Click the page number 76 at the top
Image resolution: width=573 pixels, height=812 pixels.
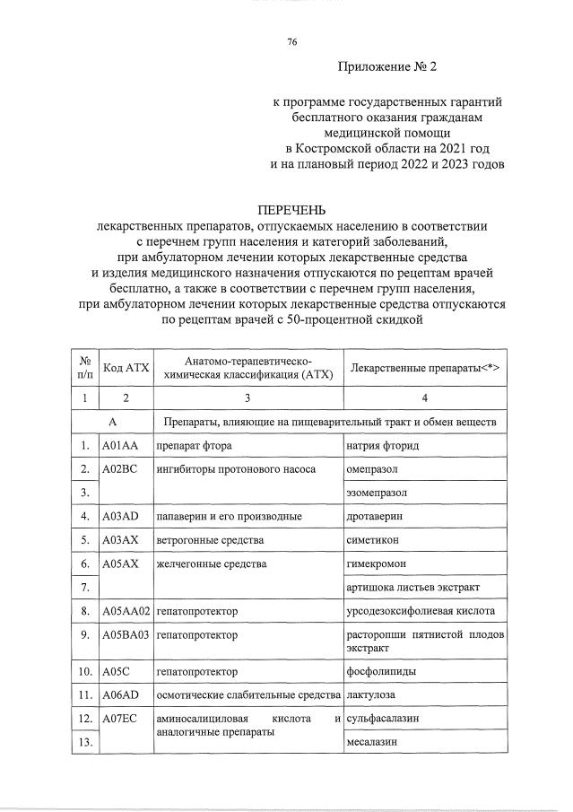[x=292, y=42]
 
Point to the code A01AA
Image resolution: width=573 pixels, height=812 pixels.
[x=119, y=446]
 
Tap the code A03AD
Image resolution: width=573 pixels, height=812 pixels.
[x=120, y=517]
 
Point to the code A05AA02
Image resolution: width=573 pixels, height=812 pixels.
[x=126, y=611]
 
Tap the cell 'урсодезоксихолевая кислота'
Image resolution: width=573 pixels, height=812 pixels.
[x=420, y=611]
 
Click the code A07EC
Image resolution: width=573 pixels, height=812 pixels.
[x=119, y=719]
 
